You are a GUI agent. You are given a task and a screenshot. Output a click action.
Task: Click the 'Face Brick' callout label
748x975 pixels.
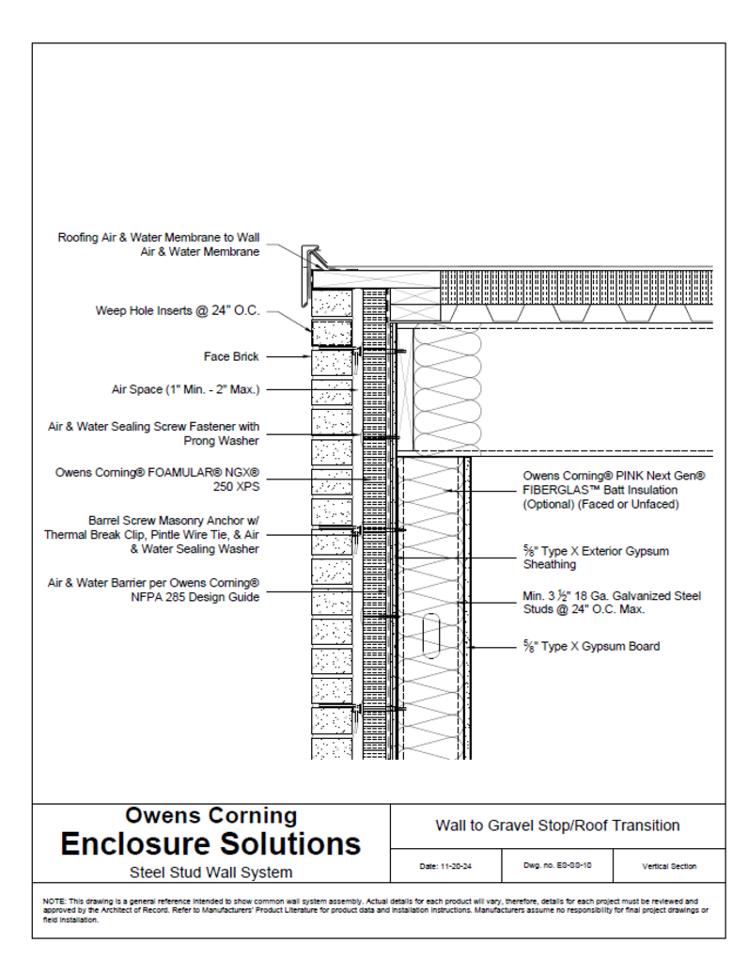click(231, 356)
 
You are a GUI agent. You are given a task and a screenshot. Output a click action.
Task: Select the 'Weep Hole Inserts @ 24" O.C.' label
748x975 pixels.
click(178, 310)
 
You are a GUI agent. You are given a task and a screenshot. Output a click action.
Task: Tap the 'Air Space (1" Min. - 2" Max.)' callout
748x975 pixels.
click(186, 389)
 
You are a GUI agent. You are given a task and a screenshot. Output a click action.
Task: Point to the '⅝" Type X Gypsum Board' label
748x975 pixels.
click(591, 646)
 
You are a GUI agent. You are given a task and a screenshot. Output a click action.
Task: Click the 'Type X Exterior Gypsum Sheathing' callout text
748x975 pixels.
click(596, 558)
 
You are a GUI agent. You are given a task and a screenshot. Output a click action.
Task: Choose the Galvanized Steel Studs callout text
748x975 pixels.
click(612, 602)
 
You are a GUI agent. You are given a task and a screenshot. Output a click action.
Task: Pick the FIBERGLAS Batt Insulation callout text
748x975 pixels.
click(614, 490)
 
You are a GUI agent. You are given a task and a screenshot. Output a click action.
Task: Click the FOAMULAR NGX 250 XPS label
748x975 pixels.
click(158, 480)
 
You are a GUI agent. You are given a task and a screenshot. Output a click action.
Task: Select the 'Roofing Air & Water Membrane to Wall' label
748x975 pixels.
click(159, 238)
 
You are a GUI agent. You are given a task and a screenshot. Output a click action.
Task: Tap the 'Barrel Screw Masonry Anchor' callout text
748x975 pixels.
click(174, 519)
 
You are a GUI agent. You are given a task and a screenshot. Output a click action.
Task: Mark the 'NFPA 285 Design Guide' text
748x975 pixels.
click(195, 596)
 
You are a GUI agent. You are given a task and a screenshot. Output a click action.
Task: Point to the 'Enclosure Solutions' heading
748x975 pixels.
click(210, 842)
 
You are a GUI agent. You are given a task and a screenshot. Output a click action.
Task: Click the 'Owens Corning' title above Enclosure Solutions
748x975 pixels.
click(210, 815)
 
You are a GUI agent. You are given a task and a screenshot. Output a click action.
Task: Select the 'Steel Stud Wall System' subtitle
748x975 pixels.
click(210, 873)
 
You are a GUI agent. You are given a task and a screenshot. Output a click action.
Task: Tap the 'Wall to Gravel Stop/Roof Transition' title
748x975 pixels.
click(557, 826)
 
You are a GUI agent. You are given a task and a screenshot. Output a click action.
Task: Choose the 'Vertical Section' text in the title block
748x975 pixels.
click(669, 866)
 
